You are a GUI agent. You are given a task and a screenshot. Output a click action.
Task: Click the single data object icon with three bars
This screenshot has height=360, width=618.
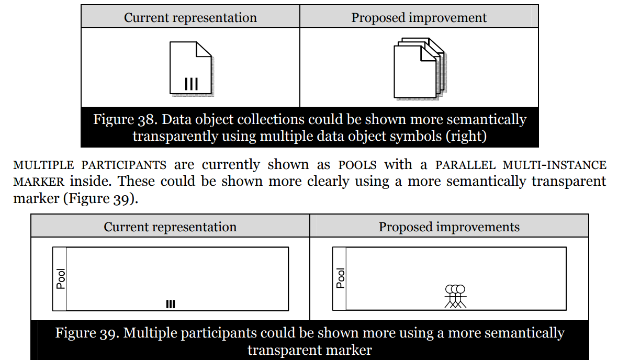pos(191,68)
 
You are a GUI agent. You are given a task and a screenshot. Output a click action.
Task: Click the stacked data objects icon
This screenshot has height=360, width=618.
pos(418,67)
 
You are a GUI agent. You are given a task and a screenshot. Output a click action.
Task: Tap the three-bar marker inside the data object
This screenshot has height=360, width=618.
pos(191,84)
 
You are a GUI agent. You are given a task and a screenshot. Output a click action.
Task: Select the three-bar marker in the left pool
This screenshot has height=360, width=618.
pos(171,304)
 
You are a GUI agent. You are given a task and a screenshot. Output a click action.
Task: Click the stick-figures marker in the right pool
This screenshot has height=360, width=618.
pos(455,297)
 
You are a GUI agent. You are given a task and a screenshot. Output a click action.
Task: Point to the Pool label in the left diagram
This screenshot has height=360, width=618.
pos(61,279)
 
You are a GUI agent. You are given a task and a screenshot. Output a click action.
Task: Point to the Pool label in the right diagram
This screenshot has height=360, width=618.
pos(341,278)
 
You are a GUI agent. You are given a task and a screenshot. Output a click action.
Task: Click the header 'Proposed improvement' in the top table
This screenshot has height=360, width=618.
pos(419,18)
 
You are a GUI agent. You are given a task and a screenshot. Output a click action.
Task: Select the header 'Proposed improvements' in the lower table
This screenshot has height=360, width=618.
pos(449,227)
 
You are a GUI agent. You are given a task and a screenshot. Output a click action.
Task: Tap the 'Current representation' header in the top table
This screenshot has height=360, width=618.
pos(190,18)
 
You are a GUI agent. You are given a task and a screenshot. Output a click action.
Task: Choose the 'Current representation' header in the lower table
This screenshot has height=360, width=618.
pos(170,227)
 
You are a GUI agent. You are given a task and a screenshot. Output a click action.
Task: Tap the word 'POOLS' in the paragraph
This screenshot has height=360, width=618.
pos(357,165)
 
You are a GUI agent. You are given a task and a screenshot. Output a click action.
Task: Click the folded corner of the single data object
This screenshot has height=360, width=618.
pos(204,50)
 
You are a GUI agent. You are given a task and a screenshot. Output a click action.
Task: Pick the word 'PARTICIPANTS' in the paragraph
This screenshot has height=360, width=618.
pos(124,165)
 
